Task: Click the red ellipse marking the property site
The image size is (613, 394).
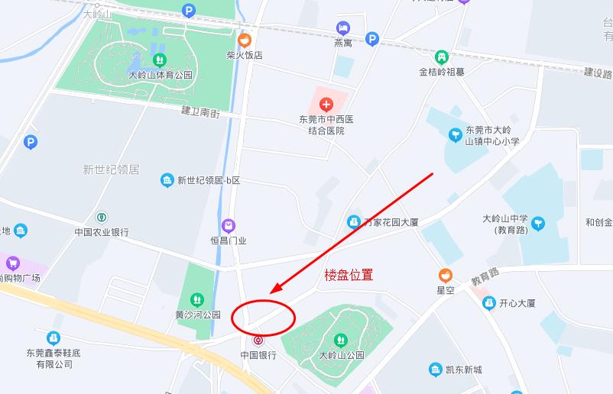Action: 263,317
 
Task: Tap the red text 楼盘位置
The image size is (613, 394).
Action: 349,275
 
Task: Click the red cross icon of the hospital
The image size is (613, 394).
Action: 326,104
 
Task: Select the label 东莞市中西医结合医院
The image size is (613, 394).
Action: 326,125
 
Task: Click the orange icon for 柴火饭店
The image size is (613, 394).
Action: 245,40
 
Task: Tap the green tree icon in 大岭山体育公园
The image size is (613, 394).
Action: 160,60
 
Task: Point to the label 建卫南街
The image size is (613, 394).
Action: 200,112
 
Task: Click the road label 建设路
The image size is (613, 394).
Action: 598,74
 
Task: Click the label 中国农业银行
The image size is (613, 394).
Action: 102,232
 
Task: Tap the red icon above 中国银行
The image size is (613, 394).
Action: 258,341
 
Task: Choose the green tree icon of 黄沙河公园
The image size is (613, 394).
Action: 198,299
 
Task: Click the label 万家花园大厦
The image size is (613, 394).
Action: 391,222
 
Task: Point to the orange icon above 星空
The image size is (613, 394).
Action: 445,275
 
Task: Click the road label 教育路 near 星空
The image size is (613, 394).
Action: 484,276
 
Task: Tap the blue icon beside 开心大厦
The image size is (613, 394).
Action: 489,303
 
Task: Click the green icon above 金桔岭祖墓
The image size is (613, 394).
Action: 441,57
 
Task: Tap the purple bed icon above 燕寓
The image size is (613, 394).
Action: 343,27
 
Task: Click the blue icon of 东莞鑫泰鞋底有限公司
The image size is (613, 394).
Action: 53,337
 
